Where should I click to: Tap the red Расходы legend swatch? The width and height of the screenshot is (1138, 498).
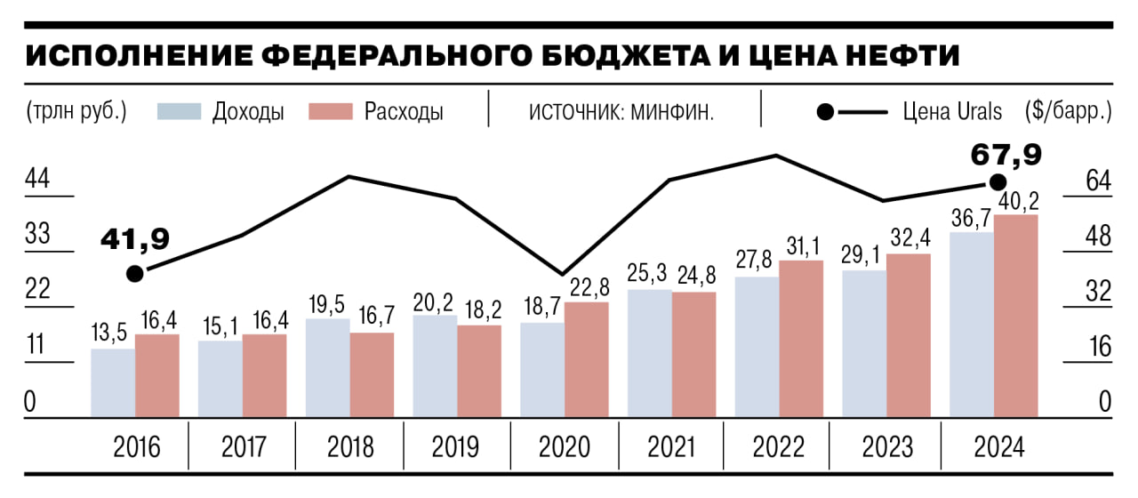(331, 112)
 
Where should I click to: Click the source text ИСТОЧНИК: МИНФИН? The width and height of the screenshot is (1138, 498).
(622, 113)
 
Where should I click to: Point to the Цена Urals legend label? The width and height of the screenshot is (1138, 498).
(952, 112)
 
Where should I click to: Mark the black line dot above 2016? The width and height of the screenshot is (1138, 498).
(134, 273)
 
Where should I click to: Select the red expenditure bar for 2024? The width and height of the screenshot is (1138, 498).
(1016, 316)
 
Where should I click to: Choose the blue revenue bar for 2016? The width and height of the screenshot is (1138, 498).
(113, 383)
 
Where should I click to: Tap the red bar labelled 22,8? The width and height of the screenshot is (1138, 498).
(587, 360)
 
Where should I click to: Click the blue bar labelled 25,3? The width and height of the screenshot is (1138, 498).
(650, 353)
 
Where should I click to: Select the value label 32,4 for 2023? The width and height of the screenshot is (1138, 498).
(909, 238)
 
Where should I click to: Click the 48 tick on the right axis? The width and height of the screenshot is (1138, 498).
(1099, 236)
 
